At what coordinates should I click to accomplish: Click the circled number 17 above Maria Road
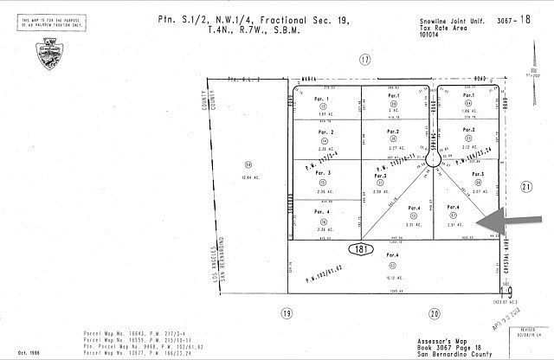(364, 60)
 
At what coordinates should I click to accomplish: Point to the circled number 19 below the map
(287, 313)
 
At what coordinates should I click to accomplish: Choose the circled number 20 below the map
(435, 313)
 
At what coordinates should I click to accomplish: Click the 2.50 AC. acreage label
(378, 190)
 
